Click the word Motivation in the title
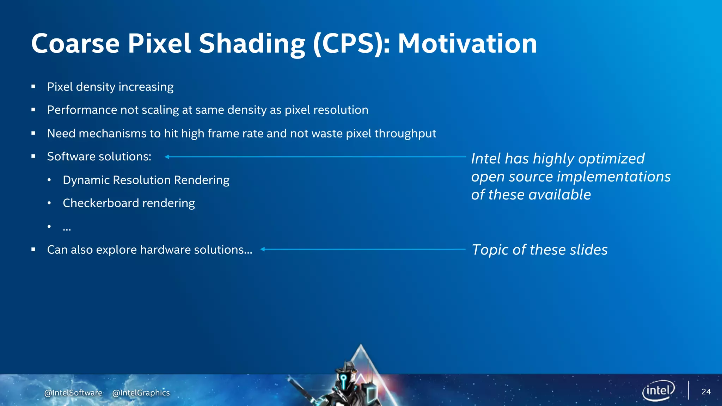pyautogui.click(x=467, y=44)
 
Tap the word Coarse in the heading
pyautogui.click(x=75, y=44)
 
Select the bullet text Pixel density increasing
pyautogui.click(x=110, y=87)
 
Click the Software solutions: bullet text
pyautogui.click(x=99, y=156)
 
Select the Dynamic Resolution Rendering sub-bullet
pyautogui.click(x=146, y=180)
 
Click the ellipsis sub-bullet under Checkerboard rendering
pyautogui.click(x=67, y=228)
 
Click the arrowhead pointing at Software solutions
pyautogui.click(x=167, y=157)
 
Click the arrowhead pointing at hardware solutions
pyautogui.click(x=263, y=249)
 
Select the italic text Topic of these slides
pyautogui.click(x=539, y=250)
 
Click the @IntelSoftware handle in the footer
pyautogui.click(x=73, y=393)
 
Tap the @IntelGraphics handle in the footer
pyautogui.click(x=141, y=393)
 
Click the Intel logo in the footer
pyautogui.click(x=658, y=390)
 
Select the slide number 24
pyautogui.click(x=706, y=392)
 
